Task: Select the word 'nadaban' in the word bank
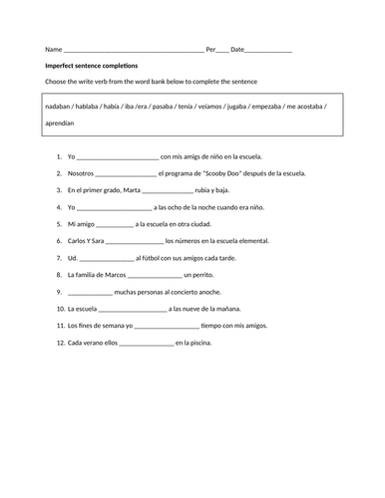coord(62,105)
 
